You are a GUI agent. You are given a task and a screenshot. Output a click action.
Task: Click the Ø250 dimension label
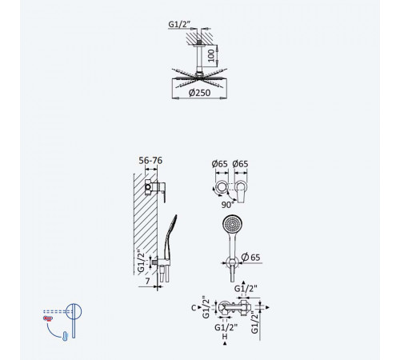pyautogui.click(x=199, y=93)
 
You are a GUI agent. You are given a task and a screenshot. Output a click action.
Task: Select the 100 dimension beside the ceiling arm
pyautogui.click(x=211, y=55)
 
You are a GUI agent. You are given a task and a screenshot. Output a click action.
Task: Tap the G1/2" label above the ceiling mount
pyautogui.click(x=179, y=24)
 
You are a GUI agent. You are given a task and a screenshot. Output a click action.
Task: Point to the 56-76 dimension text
pyautogui.click(x=150, y=160)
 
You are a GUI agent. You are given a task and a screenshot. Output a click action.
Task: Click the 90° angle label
pyautogui.click(x=227, y=205)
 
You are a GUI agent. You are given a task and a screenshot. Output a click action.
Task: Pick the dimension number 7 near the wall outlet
pyautogui.click(x=147, y=281)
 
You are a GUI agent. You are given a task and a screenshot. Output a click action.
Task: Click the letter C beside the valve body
pyautogui.click(x=194, y=308)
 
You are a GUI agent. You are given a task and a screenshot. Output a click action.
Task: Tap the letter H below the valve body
pyautogui.click(x=225, y=336)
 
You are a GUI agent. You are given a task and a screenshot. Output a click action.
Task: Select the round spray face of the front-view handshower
pyautogui.click(x=232, y=225)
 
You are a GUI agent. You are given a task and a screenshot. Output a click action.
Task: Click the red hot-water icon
pyautogui.click(x=48, y=318)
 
